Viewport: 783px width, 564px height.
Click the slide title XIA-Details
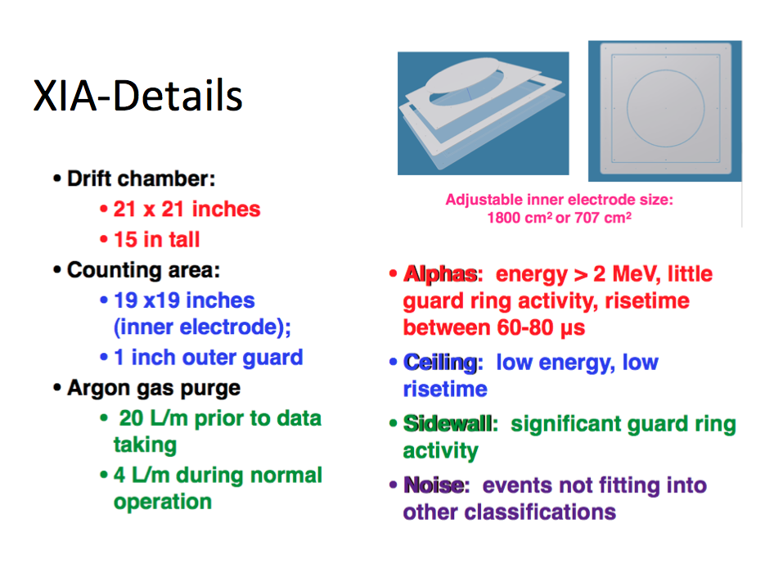pyautogui.click(x=137, y=96)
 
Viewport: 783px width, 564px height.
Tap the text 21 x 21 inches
pyautogui.click(x=187, y=210)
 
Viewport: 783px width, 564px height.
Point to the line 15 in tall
pyautogui.click(x=157, y=240)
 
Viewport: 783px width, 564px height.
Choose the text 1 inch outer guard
pyautogui.click(x=209, y=358)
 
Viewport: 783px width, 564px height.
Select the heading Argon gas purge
pyautogui.click(x=154, y=389)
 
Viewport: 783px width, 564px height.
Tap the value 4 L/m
pyautogui.click(x=142, y=475)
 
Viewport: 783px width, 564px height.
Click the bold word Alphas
pyautogui.click(x=439, y=274)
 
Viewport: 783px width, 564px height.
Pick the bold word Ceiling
pyautogui.click(x=440, y=363)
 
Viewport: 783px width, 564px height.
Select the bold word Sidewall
pyautogui.click(x=448, y=424)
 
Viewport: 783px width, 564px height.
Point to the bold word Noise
pyautogui.click(x=434, y=485)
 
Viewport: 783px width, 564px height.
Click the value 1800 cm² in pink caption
pyautogui.click(x=520, y=218)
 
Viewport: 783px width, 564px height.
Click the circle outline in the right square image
pyautogui.click(x=628, y=108)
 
